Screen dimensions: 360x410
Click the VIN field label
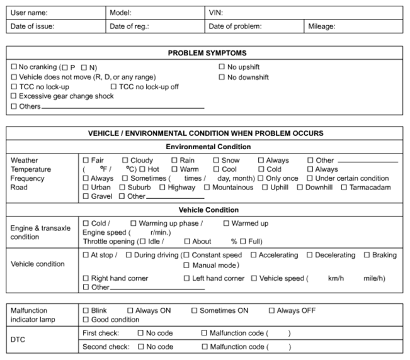tap(215, 13)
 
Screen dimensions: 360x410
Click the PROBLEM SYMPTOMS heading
tap(207, 53)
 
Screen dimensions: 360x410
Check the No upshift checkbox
tap(222, 67)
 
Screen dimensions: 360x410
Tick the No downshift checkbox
tap(222, 77)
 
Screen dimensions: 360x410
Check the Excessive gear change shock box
tap(14, 96)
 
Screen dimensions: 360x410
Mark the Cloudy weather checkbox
tap(125, 160)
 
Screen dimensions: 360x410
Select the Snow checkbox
tap(216, 160)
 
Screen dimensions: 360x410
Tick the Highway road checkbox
tap(162, 188)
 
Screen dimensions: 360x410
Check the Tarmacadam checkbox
tap(345, 188)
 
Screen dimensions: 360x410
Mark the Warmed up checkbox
tap(227, 223)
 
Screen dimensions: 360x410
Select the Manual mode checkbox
tap(186, 266)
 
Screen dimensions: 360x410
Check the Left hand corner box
tap(186, 278)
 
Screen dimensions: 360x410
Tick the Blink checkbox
tap(86, 311)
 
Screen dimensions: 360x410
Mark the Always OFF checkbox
tap(272, 311)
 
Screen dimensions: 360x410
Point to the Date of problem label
tap(235, 26)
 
